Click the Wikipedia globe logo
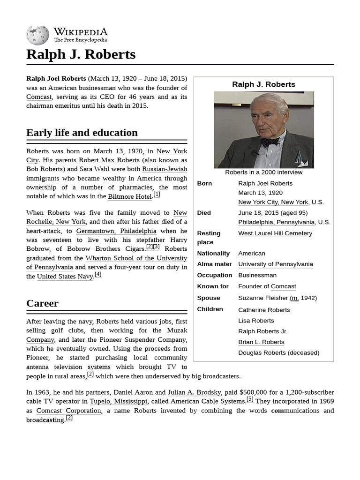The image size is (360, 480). (37, 36)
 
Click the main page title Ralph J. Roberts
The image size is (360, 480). (81, 54)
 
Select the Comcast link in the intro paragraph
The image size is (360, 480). (38, 97)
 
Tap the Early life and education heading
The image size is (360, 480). (82, 133)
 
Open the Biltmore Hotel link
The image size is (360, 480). (129, 196)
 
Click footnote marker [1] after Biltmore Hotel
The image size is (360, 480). (157, 194)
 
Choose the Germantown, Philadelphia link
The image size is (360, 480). (116, 231)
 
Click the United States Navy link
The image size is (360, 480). (65, 277)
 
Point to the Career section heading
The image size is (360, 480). (43, 303)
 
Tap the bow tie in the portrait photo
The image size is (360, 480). (270, 142)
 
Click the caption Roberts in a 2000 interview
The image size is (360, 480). (263, 172)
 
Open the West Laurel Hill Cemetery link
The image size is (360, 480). (275, 233)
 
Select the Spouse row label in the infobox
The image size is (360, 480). (209, 298)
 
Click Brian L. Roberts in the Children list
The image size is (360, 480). (261, 342)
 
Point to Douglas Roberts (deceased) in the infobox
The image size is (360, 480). (278, 352)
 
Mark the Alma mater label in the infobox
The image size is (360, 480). (214, 264)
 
